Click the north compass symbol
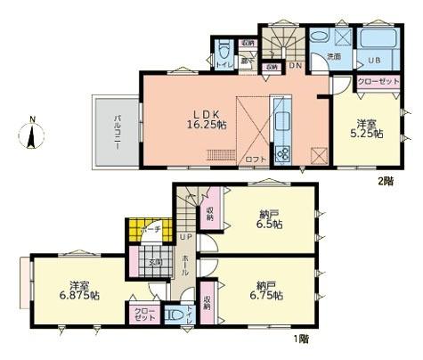(33, 135)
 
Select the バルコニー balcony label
(116, 131)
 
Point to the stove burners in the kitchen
(282, 154)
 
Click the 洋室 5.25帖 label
(370, 128)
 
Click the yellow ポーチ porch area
(138, 230)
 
